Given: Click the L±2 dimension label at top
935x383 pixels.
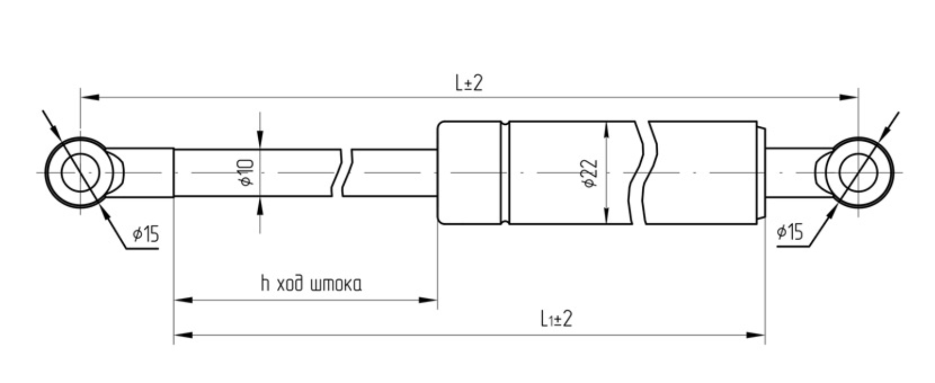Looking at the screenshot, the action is coord(469,83).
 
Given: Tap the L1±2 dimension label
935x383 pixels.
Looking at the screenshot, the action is coord(556,319).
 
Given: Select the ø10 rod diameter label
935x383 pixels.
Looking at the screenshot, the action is coord(247,172).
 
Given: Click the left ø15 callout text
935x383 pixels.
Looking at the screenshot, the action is coord(146,234).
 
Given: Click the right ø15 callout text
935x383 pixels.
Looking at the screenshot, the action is coord(789,232).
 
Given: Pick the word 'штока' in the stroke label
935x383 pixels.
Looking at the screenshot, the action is coord(336,285).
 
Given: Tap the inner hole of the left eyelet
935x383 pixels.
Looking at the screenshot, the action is coord(80,172).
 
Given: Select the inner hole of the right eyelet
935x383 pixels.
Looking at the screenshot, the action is coord(858,172).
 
